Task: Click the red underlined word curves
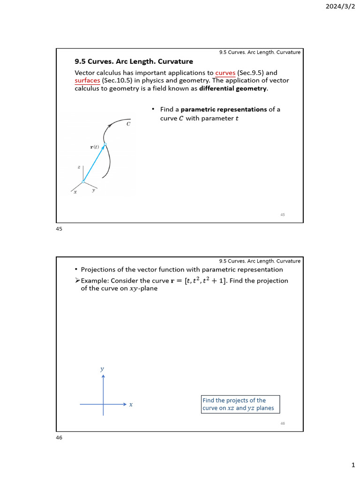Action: coord(225,73)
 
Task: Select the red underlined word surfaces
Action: coord(87,81)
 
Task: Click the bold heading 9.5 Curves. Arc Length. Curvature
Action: coord(134,61)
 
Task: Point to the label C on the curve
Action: coord(128,124)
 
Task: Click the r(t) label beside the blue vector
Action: coord(95,147)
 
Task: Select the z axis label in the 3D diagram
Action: coord(79,167)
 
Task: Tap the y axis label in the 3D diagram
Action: coord(94,190)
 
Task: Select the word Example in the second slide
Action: coord(94,281)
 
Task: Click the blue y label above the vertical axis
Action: coord(102,369)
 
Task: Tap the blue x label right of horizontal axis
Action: coord(131,405)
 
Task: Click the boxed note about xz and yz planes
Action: coord(240,404)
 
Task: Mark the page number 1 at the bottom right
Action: coord(353,465)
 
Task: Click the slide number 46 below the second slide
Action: coord(59,438)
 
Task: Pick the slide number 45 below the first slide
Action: coord(59,229)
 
